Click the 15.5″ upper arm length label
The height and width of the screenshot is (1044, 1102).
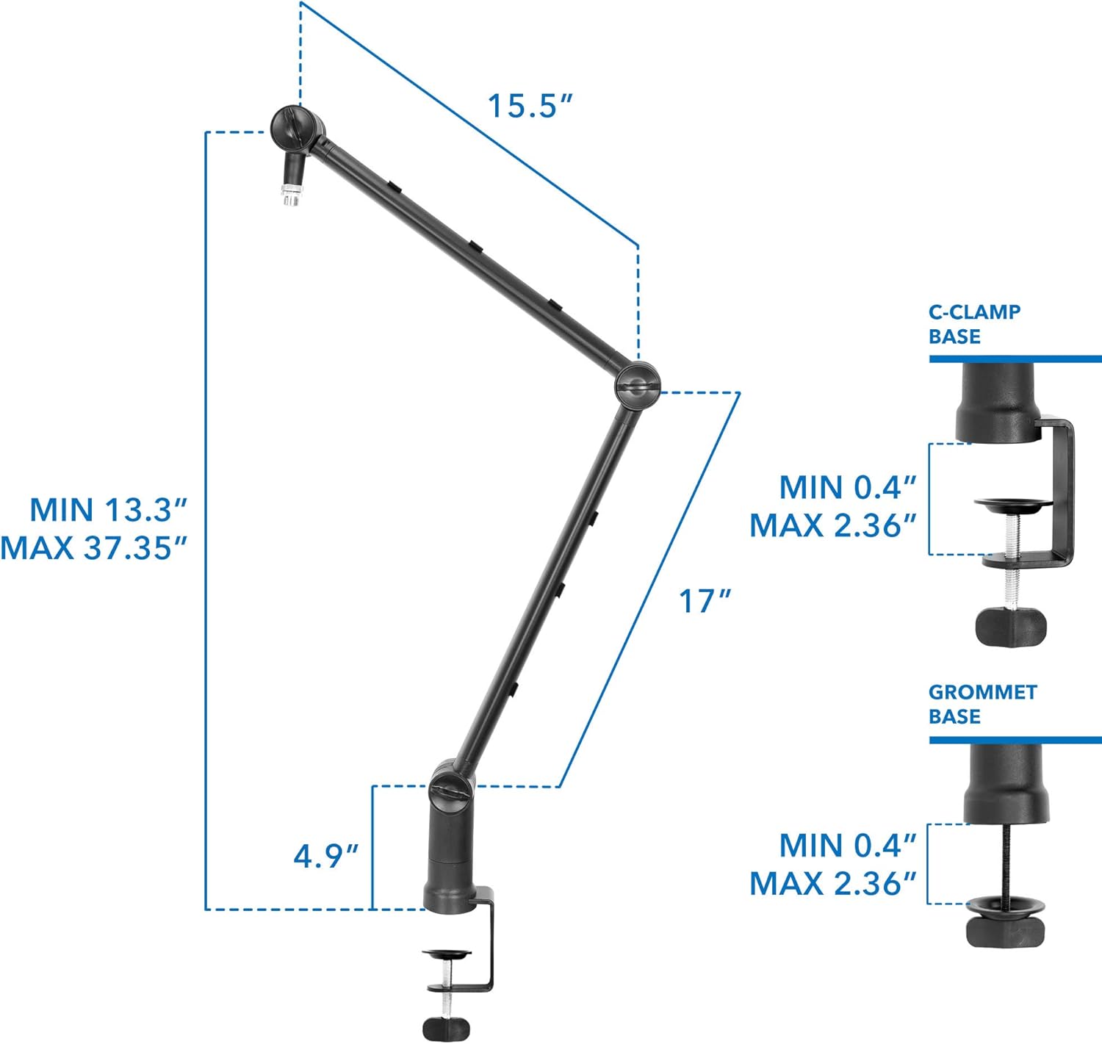point(529,106)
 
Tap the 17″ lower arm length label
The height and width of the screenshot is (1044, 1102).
point(704,601)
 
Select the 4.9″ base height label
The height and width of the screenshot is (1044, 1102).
point(325,856)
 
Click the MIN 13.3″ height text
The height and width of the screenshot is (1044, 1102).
point(109,509)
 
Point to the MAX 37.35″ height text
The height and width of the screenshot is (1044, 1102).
point(94,547)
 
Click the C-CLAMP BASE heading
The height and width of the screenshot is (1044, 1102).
point(974,324)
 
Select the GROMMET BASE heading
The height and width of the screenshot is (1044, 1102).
point(982,704)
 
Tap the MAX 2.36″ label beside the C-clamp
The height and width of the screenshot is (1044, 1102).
point(833,525)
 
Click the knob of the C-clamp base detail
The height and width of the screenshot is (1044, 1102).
point(1011,627)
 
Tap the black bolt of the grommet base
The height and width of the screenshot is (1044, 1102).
point(1004,860)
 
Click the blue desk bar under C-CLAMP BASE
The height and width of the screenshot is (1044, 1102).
point(1015,359)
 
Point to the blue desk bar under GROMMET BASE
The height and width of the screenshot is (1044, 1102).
point(1015,739)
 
